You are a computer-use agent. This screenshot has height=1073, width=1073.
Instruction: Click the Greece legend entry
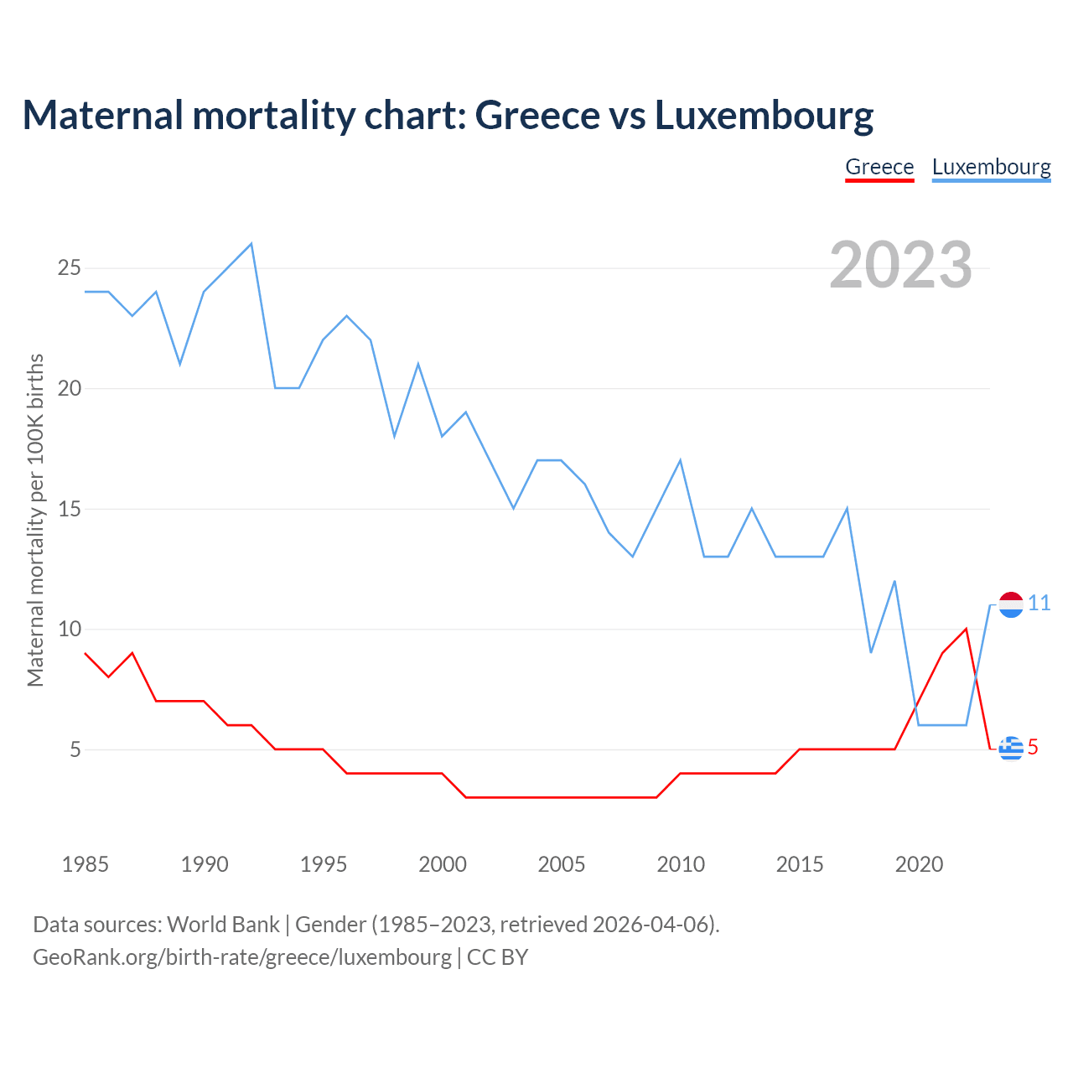pyautogui.click(x=879, y=167)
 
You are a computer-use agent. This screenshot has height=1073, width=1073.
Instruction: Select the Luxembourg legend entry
pyautogui.click(x=991, y=167)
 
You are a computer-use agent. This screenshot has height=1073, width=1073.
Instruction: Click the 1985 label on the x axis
pyautogui.click(x=86, y=864)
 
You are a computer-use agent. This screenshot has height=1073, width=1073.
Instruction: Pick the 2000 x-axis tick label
pyautogui.click(x=443, y=864)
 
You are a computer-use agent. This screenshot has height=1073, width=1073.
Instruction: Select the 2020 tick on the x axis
pyautogui.click(x=919, y=864)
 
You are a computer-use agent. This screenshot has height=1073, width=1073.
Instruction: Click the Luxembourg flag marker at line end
pyautogui.click(x=1011, y=604)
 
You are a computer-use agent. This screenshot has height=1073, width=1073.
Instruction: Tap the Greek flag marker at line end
pyautogui.click(x=1011, y=748)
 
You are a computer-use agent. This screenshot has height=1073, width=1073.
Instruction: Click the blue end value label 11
pyautogui.click(x=1039, y=604)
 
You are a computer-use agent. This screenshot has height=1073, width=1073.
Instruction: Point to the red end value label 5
pyautogui.click(x=1033, y=747)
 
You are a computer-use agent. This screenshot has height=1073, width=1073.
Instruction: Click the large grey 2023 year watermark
pyautogui.click(x=900, y=265)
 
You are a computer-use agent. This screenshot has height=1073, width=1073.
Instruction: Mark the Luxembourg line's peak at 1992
pyautogui.click(x=251, y=244)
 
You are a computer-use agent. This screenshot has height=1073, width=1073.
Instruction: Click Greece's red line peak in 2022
pyautogui.click(x=967, y=629)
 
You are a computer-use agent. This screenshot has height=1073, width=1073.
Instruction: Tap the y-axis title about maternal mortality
pyautogui.click(x=35, y=520)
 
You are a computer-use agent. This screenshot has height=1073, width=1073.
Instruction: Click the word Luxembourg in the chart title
pyautogui.click(x=764, y=115)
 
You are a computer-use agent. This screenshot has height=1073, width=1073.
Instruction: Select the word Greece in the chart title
pyautogui.click(x=533, y=115)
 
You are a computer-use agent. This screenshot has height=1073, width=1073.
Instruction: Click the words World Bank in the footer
pyautogui.click(x=223, y=925)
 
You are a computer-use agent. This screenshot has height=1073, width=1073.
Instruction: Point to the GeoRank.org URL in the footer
pyautogui.click(x=241, y=957)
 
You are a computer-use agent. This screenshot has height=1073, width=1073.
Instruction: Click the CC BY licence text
pyautogui.click(x=498, y=957)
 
